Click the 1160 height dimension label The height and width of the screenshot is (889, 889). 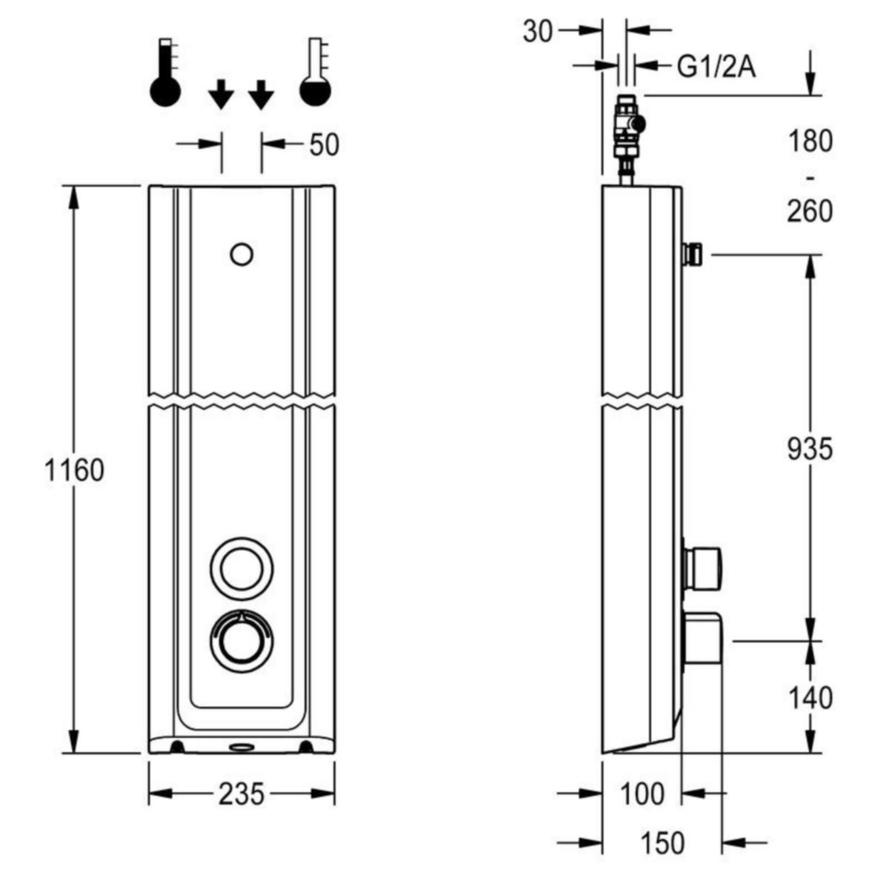tap(74, 471)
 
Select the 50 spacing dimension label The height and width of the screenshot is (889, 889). tap(324, 144)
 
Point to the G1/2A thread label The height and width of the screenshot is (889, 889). tap(716, 67)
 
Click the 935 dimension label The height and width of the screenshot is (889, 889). tap(810, 448)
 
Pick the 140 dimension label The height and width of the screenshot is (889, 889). tap(810, 698)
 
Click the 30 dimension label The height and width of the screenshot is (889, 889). tap(537, 32)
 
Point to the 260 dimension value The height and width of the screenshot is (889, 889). tap(810, 211)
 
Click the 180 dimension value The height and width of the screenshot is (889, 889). tap(810, 141)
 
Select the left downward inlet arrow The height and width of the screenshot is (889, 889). tap(221, 94)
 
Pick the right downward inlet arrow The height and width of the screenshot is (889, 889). tap(261, 94)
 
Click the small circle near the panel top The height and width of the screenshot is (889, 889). tap(242, 255)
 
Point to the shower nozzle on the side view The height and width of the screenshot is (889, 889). tap(692, 254)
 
